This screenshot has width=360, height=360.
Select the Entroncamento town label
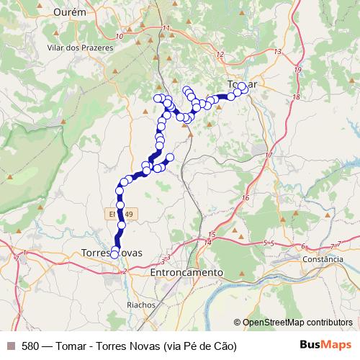(x=187, y=273)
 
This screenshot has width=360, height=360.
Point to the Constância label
(x=323, y=259)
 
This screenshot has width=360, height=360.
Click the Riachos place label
(x=140, y=305)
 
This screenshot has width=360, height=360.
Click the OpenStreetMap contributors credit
(x=297, y=322)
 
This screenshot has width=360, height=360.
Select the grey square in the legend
(x=11, y=346)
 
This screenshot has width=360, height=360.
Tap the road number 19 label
(x=297, y=69)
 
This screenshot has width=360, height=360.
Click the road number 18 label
(x=296, y=96)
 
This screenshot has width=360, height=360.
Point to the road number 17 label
(x=268, y=156)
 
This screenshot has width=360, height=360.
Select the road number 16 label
(x=245, y=197)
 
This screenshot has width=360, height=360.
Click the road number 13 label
(x=277, y=52)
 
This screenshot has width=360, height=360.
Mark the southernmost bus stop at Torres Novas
(x=114, y=254)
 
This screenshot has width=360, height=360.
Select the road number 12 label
(x=219, y=55)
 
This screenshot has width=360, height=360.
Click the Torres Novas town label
(x=112, y=253)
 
